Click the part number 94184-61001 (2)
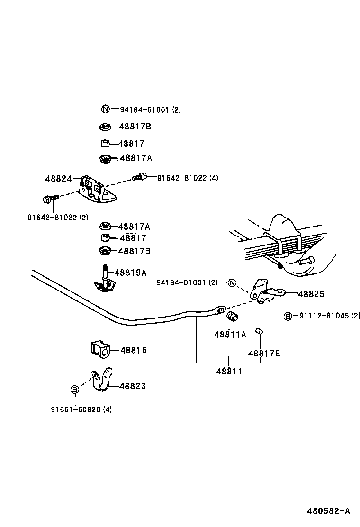150,109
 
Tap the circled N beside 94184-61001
106,109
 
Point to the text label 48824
59,179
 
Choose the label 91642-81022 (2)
58,218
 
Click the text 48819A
130,273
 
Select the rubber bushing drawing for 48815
99,350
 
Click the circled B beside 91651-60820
75,389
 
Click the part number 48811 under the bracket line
229,372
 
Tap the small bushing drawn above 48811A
232,317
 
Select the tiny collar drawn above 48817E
259,331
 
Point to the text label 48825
311,294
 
